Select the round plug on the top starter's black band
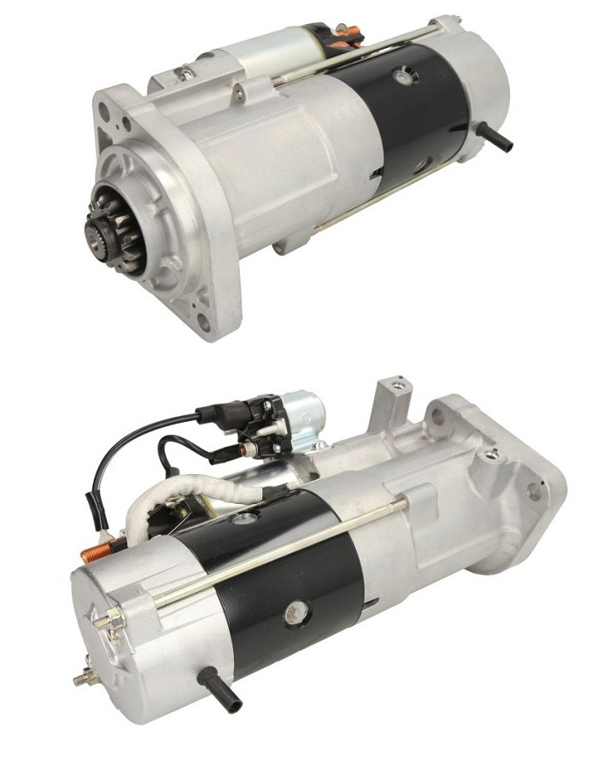400,77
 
